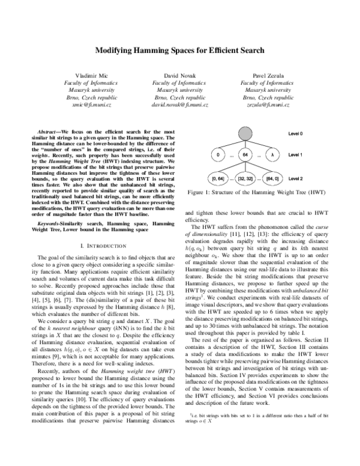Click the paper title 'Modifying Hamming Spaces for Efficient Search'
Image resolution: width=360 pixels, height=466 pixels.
(x=179, y=51)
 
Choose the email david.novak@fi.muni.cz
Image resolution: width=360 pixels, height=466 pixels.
(x=179, y=104)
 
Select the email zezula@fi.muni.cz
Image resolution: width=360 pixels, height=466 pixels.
(x=268, y=104)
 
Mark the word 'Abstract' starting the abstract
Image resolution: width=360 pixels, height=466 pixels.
(x=47, y=130)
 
